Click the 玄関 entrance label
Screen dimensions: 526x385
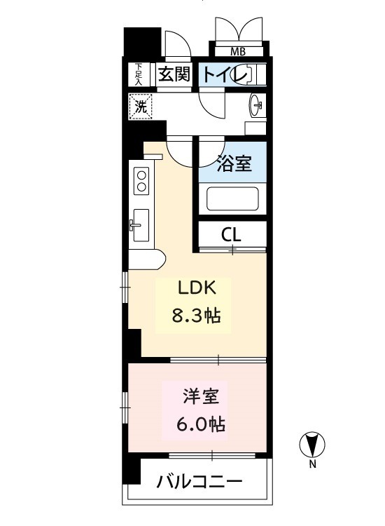(174, 74)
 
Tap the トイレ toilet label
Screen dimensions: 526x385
(225, 74)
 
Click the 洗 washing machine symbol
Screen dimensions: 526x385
(141, 107)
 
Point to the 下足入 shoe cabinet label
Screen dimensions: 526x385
(139, 74)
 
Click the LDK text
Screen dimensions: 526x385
(197, 288)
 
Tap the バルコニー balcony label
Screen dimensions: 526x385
(199, 483)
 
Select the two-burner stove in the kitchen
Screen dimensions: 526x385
(141, 181)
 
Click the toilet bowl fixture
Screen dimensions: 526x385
(254, 74)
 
